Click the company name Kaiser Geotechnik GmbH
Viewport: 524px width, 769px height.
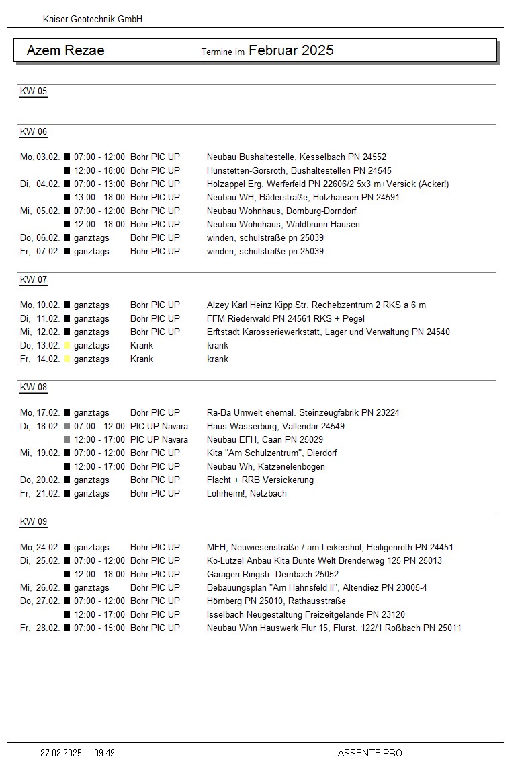(93, 20)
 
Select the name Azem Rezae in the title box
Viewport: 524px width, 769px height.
(65, 50)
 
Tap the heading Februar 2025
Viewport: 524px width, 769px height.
(291, 50)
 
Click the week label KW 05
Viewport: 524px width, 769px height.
(34, 91)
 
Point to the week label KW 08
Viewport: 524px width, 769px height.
(34, 388)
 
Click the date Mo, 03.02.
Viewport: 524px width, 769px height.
(40, 157)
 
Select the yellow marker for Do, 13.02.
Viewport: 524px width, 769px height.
(67, 345)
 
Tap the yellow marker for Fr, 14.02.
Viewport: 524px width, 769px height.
(67, 359)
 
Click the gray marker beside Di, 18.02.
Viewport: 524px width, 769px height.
(67, 426)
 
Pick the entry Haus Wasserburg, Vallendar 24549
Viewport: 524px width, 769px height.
(275, 426)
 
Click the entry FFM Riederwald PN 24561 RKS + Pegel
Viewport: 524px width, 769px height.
(286, 318)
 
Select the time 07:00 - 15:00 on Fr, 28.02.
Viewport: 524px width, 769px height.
(99, 628)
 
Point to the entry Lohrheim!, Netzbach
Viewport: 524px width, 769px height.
(247, 493)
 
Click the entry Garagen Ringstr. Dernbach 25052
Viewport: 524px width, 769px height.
(273, 574)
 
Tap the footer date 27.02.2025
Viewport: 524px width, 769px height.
(61, 753)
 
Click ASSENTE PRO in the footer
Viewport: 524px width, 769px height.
(369, 753)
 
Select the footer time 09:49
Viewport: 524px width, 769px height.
(104, 753)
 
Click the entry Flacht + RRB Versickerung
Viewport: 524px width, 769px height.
(260, 480)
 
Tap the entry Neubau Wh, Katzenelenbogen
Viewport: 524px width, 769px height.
(265, 466)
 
